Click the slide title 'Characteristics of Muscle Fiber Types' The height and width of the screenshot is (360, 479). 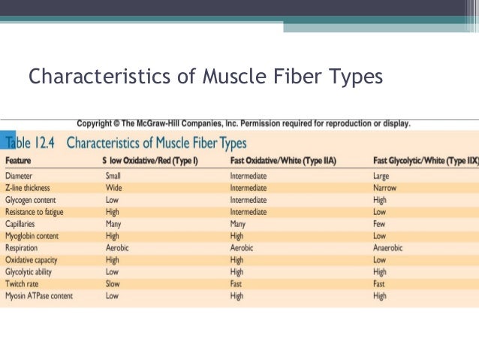[205, 77]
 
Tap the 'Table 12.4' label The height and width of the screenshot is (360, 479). [32, 142]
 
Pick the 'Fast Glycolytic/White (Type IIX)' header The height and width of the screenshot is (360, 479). [425, 161]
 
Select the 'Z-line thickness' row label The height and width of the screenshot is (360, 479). [28, 188]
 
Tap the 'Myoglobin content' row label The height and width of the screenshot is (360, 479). [32, 235]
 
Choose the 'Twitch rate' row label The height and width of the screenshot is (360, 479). [22, 284]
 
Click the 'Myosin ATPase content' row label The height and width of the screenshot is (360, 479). [39, 296]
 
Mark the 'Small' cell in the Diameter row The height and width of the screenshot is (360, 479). [114, 176]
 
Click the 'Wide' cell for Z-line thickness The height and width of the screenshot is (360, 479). [113, 188]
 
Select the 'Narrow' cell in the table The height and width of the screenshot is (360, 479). [384, 188]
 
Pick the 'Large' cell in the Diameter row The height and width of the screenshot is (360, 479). [381, 176]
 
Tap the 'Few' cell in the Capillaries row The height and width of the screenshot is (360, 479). [379, 224]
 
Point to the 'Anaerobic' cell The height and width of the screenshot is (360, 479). [387, 247]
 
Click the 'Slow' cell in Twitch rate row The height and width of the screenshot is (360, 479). [113, 284]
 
